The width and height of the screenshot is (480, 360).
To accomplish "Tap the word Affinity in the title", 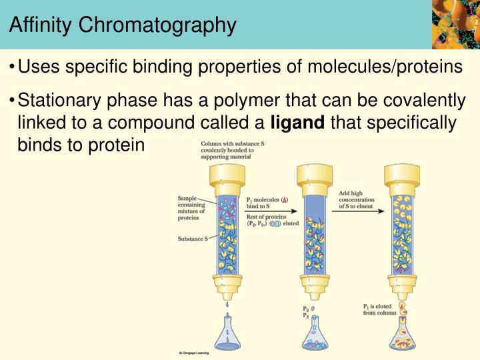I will [x=40, y=25].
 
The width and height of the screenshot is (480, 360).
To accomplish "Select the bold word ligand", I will [x=298, y=123].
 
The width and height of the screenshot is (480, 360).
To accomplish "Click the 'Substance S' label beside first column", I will [x=192, y=239].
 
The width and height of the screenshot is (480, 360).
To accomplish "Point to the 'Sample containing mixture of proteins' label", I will [x=192, y=208].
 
